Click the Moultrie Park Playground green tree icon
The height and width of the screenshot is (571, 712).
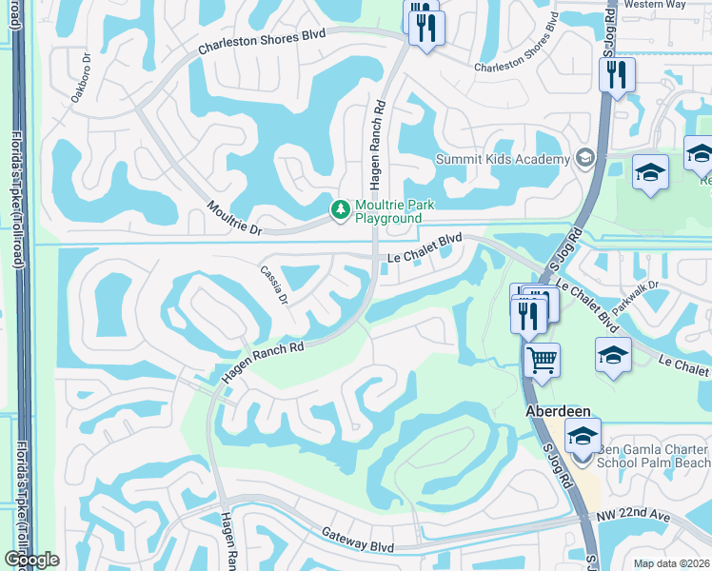[x=339, y=208]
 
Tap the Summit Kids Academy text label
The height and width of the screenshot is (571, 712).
[x=502, y=159]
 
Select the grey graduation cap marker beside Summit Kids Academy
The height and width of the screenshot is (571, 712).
[x=584, y=159]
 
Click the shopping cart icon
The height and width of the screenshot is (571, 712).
[x=542, y=360]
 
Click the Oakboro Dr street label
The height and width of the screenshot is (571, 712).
[x=79, y=68]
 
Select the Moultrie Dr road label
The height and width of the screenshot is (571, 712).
[x=233, y=217]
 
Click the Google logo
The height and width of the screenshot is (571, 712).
[x=32, y=560]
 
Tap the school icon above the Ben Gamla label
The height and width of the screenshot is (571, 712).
[x=583, y=436]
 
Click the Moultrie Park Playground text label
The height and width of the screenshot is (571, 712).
[x=388, y=211]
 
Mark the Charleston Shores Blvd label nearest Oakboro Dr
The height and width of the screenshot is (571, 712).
[x=262, y=42]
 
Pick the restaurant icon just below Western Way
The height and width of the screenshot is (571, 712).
[x=617, y=74]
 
